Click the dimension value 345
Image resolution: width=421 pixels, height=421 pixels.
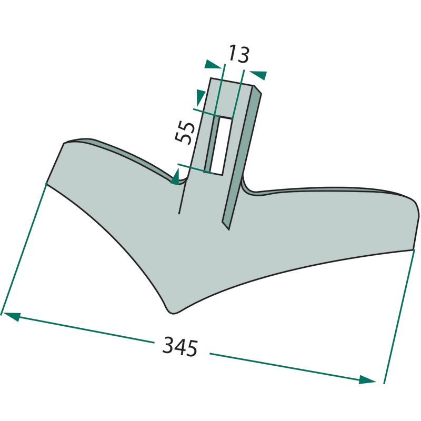[x=180, y=347]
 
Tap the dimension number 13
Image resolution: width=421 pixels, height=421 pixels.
[x=239, y=55]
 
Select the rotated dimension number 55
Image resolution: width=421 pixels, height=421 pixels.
[x=184, y=133]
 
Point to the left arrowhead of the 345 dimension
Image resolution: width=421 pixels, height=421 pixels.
[x=11, y=316]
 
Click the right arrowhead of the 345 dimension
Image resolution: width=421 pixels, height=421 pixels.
[x=367, y=379]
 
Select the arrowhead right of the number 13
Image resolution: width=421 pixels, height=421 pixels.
[x=258, y=75]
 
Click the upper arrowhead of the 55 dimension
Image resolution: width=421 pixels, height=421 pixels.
[x=201, y=97]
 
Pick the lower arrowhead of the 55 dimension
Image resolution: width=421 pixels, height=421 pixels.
[x=175, y=177]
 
